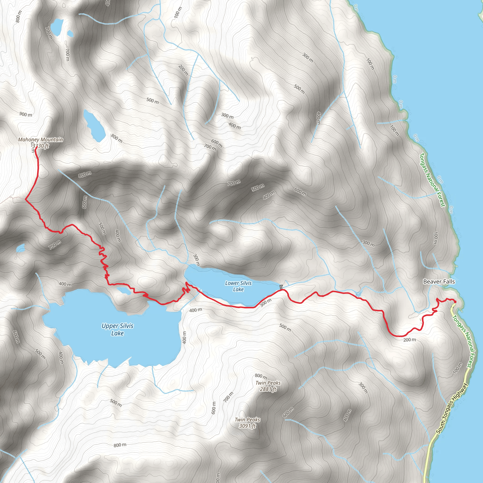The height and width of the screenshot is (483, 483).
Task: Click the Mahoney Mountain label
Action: (x=40, y=140)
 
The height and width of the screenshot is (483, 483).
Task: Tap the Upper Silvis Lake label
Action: (x=117, y=329)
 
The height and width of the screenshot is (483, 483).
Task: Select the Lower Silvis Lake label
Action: (x=238, y=286)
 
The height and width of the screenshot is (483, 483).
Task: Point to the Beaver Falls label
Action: (x=439, y=282)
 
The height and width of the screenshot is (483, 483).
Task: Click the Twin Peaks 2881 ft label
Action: (x=268, y=386)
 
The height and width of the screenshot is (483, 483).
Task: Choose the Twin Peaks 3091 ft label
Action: (x=247, y=422)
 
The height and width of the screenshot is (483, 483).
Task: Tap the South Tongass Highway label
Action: (x=451, y=408)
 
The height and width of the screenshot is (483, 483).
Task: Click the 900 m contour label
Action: (x=26, y=114)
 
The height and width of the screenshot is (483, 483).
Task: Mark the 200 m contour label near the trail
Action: (x=410, y=340)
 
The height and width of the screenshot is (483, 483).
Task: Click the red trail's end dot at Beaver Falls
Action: (x=455, y=302)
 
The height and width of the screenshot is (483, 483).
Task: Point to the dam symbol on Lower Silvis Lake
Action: (x=282, y=287)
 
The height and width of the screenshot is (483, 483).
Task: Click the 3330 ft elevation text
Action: (x=41, y=146)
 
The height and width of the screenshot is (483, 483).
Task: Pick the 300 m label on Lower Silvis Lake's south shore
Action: (x=265, y=303)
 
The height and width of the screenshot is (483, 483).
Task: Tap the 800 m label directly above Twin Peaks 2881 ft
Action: (x=261, y=376)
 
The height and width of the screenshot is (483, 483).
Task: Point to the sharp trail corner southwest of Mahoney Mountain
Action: (x=26, y=199)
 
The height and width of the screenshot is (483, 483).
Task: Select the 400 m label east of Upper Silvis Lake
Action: (x=184, y=337)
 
